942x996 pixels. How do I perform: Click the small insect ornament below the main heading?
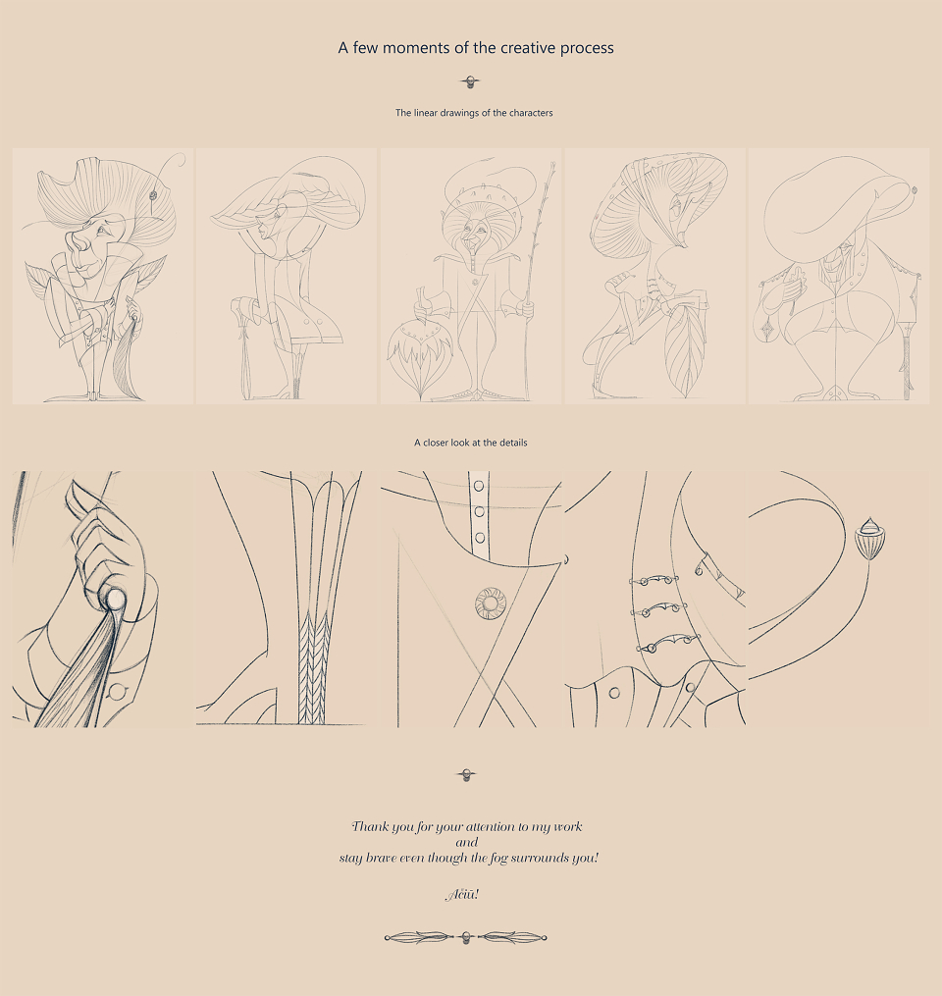coord(470,82)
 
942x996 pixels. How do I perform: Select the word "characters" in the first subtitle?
coord(531,113)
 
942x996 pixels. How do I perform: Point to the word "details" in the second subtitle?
coord(512,443)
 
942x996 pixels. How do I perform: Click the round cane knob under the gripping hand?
coord(115,598)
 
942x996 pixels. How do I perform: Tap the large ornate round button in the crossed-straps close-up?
coord(491,603)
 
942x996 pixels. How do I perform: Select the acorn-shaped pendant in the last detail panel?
coord(869,538)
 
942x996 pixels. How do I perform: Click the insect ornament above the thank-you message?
coord(467,775)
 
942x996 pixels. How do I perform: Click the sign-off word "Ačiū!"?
coord(462,894)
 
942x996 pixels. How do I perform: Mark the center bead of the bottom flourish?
coord(466,937)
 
